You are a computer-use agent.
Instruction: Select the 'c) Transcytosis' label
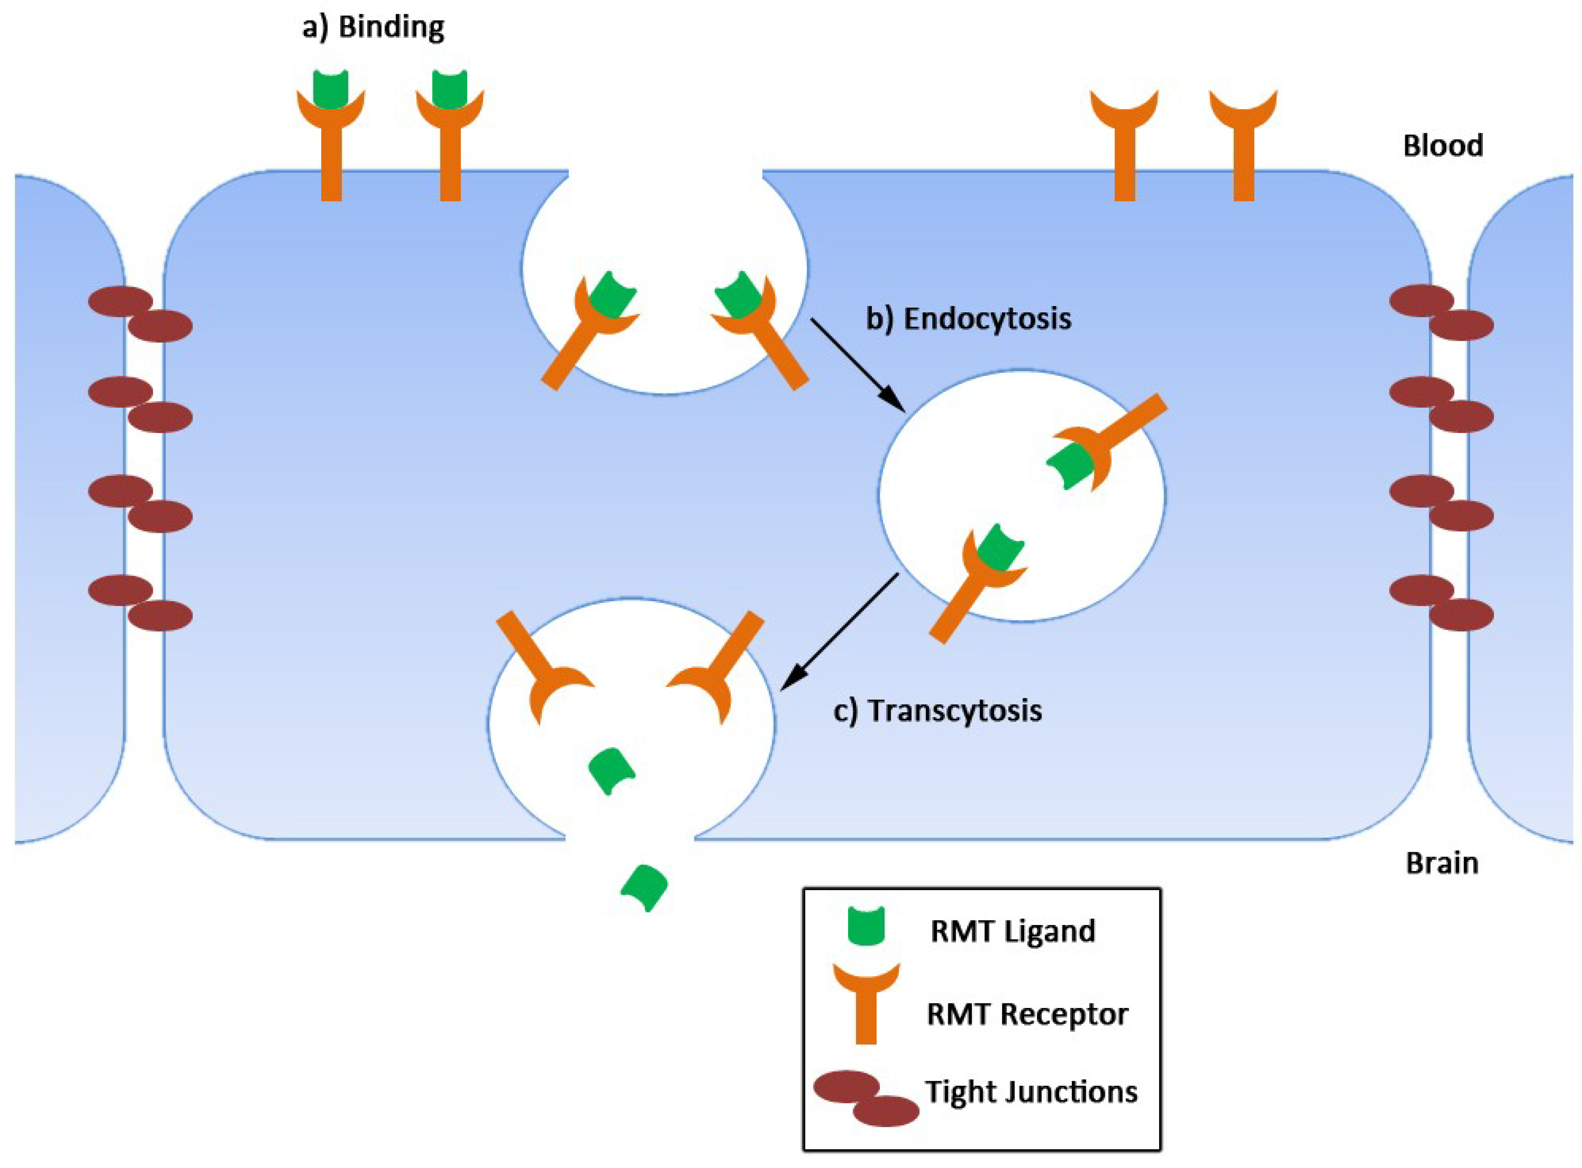point(937,711)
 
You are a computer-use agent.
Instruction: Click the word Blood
point(1443,146)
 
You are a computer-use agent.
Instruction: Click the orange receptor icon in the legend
point(866,1000)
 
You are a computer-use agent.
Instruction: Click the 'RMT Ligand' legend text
point(1012,931)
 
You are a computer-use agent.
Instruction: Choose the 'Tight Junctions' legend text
point(1031,1092)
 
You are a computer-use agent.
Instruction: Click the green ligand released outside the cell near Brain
point(644,887)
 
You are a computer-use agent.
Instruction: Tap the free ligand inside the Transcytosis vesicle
point(611,771)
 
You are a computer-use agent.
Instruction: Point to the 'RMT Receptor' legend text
point(1026,1014)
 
